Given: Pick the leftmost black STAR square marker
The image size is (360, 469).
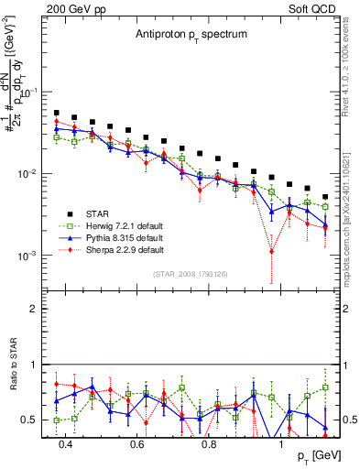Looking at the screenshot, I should [x=57, y=113].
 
